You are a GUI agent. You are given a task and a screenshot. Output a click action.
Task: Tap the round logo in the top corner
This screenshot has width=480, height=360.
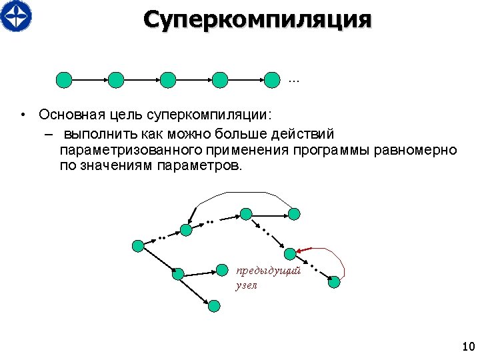coord(16,15)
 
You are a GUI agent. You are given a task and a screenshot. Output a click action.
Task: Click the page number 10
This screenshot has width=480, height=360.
coord(467,347)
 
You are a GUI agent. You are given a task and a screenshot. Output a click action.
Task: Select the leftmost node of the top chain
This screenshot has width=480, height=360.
coord(63,80)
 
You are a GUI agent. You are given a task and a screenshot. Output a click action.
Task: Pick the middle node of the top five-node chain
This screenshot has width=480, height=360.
coord(168,80)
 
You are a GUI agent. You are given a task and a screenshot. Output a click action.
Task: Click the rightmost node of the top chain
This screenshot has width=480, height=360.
coord(272,80)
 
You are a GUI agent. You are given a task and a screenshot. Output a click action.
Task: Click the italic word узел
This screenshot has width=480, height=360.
coord(246,285)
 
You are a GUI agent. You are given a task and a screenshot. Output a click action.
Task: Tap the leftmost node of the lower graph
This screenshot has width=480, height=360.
coord(138,245)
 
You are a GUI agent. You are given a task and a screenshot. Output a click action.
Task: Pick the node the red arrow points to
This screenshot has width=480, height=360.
coord(290,254)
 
